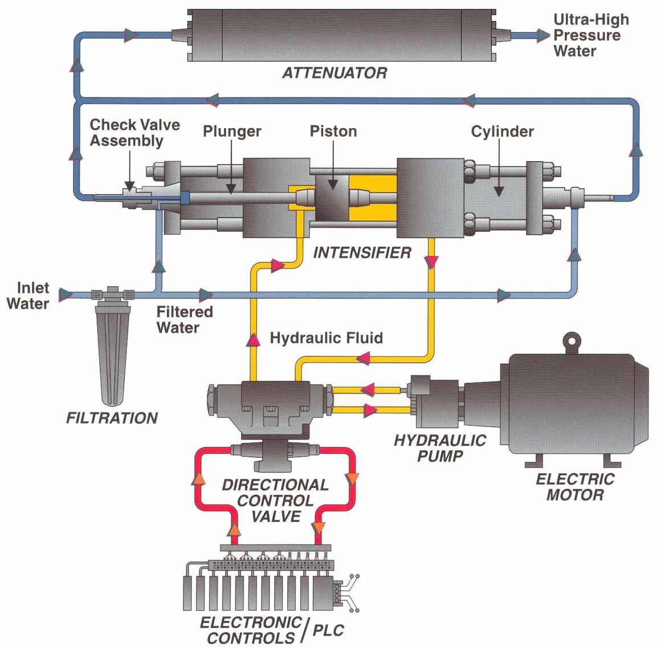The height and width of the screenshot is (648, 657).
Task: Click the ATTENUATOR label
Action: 334,73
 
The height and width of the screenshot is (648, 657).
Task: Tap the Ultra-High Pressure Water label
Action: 590,35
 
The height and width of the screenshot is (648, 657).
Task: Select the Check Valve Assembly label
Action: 134,133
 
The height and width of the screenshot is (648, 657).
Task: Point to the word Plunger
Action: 232,132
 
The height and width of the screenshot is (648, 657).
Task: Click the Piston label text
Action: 333,132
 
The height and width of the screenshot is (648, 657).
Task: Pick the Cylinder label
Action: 502,132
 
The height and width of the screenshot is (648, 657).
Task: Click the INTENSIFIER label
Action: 362,252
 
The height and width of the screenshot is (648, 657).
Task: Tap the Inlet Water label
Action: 28,296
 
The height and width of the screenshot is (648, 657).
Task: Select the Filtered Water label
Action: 184,319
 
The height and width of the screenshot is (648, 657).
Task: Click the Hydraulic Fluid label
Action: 326,338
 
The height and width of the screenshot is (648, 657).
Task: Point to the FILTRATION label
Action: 112,418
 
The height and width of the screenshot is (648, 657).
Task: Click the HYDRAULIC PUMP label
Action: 440,448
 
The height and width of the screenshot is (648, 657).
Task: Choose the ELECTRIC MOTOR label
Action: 574,486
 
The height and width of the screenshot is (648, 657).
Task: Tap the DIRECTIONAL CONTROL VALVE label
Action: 275,501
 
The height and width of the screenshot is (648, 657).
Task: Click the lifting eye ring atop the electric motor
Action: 571,342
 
